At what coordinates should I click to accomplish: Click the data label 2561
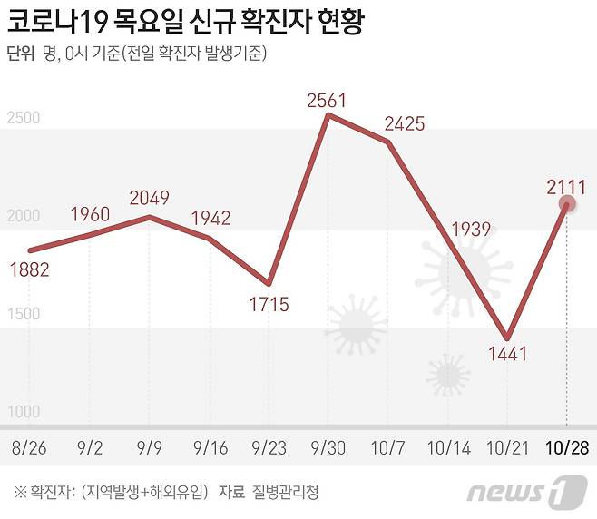[x=327, y=101]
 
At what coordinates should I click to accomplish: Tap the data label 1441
[x=507, y=354]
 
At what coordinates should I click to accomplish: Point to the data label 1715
[x=269, y=304]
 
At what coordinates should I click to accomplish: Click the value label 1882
[x=30, y=269]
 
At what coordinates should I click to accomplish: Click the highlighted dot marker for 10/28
[x=568, y=206]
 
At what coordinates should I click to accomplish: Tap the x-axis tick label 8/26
[x=30, y=447]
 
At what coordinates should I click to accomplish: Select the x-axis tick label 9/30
[x=328, y=447]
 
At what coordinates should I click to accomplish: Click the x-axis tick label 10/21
[x=508, y=447]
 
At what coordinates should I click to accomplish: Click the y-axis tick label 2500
[x=23, y=118]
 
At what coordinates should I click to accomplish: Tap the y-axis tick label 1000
[x=23, y=412]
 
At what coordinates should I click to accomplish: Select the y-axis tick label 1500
[x=23, y=314]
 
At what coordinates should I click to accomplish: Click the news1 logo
[x=524, y=493]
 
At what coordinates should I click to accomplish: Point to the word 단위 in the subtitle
[x=20, y=54]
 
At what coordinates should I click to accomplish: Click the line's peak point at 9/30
[x=328, y=115]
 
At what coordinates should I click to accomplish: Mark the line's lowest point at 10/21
[x=508, y=337]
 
